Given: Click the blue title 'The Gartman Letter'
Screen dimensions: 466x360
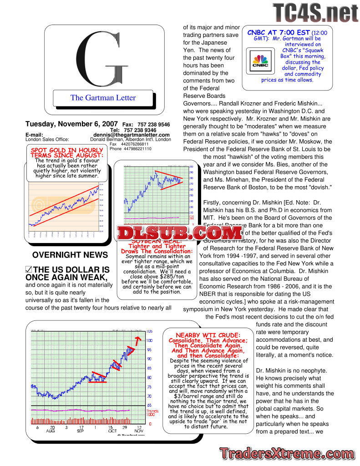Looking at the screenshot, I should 103,97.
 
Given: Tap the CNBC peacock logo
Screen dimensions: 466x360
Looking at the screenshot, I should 260,63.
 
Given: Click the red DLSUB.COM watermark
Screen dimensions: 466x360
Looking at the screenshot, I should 180,233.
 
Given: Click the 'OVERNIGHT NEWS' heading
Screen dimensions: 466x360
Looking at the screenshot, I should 70,255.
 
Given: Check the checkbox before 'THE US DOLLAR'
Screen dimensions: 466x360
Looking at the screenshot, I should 29,270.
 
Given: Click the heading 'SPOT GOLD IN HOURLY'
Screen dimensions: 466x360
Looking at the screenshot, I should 67,150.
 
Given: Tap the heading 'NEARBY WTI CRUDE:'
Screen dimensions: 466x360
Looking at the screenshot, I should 208,335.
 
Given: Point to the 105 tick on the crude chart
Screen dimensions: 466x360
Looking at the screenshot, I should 149,331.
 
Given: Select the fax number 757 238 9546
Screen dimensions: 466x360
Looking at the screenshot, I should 153,124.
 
